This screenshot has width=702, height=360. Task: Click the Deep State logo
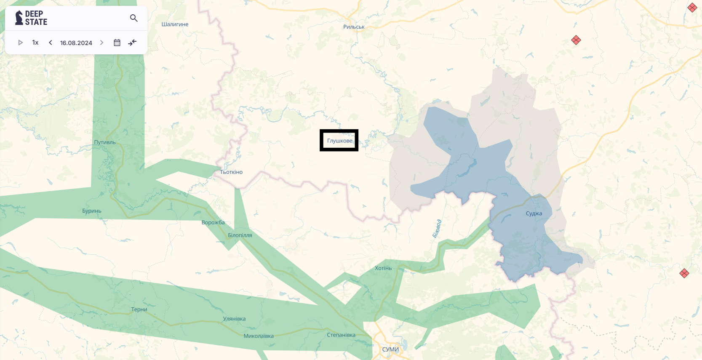coord(31,18)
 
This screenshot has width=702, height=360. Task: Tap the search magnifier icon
coord(134,18)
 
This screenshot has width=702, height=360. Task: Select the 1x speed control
coord(35,43)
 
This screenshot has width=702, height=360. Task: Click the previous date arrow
coord(51,43)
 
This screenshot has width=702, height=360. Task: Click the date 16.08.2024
coord(76,43)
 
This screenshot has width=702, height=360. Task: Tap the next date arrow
coord(101,43)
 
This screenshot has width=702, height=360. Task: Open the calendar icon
coord(117,43)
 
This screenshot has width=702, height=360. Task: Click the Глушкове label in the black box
coord(339,141)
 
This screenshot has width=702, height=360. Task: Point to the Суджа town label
coord(534,213)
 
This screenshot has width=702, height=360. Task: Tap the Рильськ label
coord(354,27)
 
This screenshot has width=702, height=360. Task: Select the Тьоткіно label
coord(231,172)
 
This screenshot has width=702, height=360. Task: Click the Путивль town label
coord(105,142)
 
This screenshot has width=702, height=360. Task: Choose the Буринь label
coord(92,211)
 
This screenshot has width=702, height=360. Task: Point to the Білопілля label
coord(240,235)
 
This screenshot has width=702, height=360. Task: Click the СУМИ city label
coord(390,349)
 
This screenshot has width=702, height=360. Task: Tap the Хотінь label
coord(383,268)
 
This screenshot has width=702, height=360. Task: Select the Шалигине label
coord(175,24)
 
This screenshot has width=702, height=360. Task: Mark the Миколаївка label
coord(259,336)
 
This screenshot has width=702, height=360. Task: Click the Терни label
coord(139,309)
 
